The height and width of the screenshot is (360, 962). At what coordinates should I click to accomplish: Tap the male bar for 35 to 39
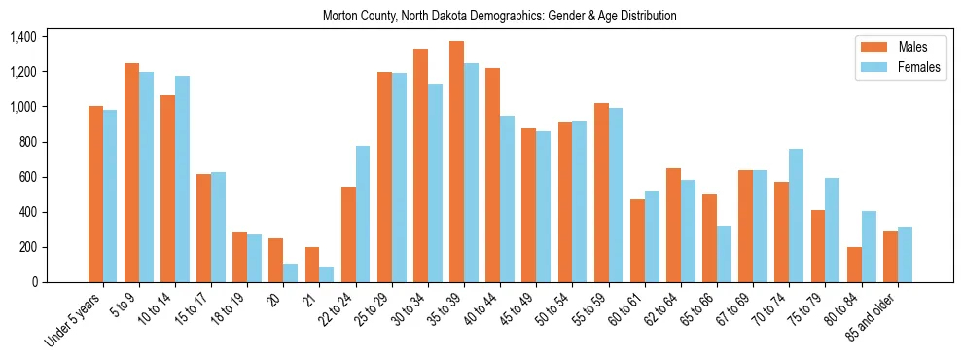point(456,162)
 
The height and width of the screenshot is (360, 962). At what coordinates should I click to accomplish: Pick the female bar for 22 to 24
point(363,214)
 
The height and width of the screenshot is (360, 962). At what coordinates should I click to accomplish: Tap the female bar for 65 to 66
point(724,254)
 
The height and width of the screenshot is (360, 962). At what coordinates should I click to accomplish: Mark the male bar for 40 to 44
point(492,175)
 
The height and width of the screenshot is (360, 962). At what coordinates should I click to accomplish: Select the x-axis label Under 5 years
point(73,319)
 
